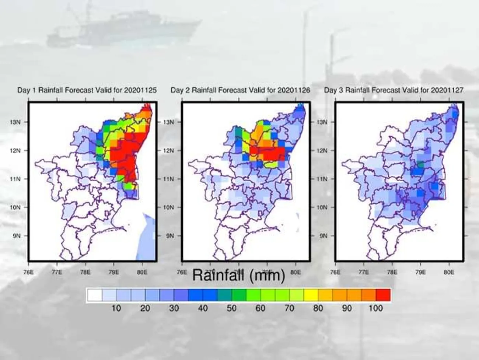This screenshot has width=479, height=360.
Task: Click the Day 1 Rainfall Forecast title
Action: [x=87, y=90]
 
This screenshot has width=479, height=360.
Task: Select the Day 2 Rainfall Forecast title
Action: [x=240, y=90]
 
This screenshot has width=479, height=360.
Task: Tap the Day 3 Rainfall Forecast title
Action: [x=394, y=90]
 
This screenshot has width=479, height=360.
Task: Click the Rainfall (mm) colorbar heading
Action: [x=239, y=275]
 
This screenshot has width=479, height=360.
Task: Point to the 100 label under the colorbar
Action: [x=376, y=308]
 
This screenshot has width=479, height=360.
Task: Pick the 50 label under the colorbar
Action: [x=231, y=308]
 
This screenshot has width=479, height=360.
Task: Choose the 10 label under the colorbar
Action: [x=116, y=308]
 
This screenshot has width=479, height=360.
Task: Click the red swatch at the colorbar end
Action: [x=383, y=295]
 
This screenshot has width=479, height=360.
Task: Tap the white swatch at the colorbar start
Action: [x=95, y=295]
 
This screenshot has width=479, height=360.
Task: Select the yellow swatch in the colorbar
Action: [x=311, y=295]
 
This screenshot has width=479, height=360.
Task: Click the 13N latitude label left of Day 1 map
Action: [x=16, y=122]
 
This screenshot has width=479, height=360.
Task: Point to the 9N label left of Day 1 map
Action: [x=17, y=235]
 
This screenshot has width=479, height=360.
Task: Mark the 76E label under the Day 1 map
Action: [x=28, y=272]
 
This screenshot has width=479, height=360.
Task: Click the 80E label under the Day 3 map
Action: [x=448, y=272]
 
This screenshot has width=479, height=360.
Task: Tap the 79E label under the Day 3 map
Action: [x=420, y=272]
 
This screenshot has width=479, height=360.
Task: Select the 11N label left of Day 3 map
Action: [x=322, y=179]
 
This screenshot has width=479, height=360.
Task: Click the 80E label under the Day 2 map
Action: [x=295, y=272]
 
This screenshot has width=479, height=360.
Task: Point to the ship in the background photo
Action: [x=122, y=28]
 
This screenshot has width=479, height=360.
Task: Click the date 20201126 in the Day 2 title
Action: [x=294, y=90]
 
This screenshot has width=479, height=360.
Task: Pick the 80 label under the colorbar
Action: [x=318, y=308]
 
